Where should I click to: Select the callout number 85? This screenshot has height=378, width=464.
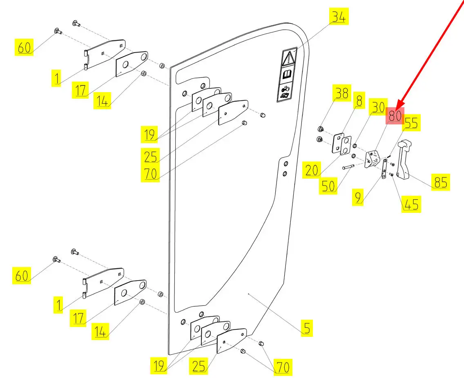click(440, 182)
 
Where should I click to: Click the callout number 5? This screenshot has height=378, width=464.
click(307, 328)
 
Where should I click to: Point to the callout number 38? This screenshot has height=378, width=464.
click(341, 93)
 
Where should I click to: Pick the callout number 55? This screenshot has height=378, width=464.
click(411, 123)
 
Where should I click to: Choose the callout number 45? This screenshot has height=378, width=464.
click(411, 204)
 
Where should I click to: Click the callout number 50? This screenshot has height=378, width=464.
click(328, 186)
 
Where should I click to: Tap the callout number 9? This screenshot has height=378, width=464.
click(358, 198)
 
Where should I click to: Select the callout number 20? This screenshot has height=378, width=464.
click(312, 170)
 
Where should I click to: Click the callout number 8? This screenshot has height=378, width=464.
click(359, 101)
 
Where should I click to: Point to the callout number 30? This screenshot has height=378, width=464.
click(378, 108)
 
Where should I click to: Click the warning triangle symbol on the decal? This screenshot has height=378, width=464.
click(289, 57)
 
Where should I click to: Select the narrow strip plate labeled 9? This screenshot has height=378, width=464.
click(384, 169)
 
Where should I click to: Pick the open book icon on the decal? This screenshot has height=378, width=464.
click(288, 75)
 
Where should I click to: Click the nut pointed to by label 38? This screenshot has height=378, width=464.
click(321, 130)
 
